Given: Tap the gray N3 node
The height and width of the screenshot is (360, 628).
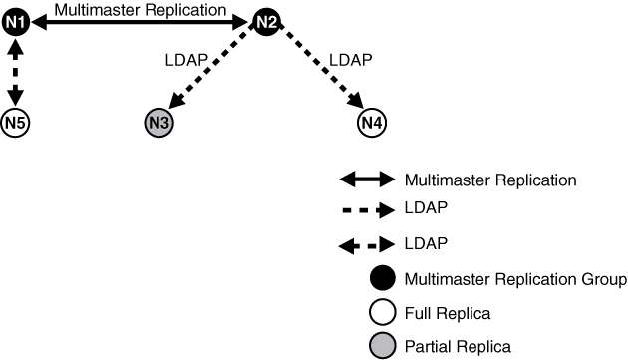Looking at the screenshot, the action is point(158,123).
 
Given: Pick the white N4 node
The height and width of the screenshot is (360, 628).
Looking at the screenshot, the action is point(371,123).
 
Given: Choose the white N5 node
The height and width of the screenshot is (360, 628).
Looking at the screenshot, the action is point(14,123).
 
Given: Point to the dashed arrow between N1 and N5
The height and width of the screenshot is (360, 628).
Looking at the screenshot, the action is point(14,71).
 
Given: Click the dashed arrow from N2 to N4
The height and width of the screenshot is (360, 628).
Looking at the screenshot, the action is point(318,71).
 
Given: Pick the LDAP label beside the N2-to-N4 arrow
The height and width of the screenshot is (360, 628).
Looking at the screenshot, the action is point(350,59).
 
